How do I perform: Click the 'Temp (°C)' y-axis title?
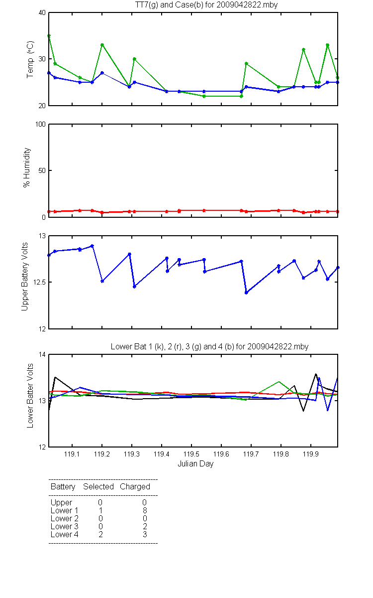click(30, 59)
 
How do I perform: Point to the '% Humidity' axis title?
click(27, 167)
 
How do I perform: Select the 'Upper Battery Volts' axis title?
click(24, 277)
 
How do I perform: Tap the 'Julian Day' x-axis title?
click(195, 464)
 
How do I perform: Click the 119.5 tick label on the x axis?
click(191, 454)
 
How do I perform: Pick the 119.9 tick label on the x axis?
click(311, 454)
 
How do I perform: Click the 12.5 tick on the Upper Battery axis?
click(39, 282)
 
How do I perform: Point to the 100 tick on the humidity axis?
click(40, 124)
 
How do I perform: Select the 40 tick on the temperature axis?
click(42, 13)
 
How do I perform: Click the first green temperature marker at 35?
click(49, 36)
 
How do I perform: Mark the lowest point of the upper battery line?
click(247, 293)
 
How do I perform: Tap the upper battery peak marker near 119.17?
click(92, 246)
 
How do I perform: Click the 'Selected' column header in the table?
click(98, 487)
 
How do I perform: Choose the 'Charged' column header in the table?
click(135, 487)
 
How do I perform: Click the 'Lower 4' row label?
click(65, 534)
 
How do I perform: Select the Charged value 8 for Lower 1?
click(145, 510)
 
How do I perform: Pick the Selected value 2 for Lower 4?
click(100, 534)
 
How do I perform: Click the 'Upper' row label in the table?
click(61, 503)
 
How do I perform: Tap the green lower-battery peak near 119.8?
click(279, 382)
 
